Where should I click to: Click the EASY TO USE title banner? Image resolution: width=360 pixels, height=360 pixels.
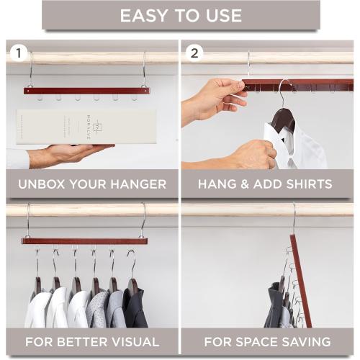point(180,15)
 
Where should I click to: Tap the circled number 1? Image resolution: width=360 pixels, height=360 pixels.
point(18,53)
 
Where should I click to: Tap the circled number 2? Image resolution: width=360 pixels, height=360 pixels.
point(194,53)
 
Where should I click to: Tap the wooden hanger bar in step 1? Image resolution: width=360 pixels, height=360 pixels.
point(86,91)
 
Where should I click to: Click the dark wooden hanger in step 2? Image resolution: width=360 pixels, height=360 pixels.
point(282,119)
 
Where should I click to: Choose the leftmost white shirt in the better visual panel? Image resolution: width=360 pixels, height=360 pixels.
point(37,308)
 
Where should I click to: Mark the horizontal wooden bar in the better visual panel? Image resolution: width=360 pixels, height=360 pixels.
point(84,241)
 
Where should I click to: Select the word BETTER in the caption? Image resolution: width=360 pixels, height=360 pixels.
point(83,341)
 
